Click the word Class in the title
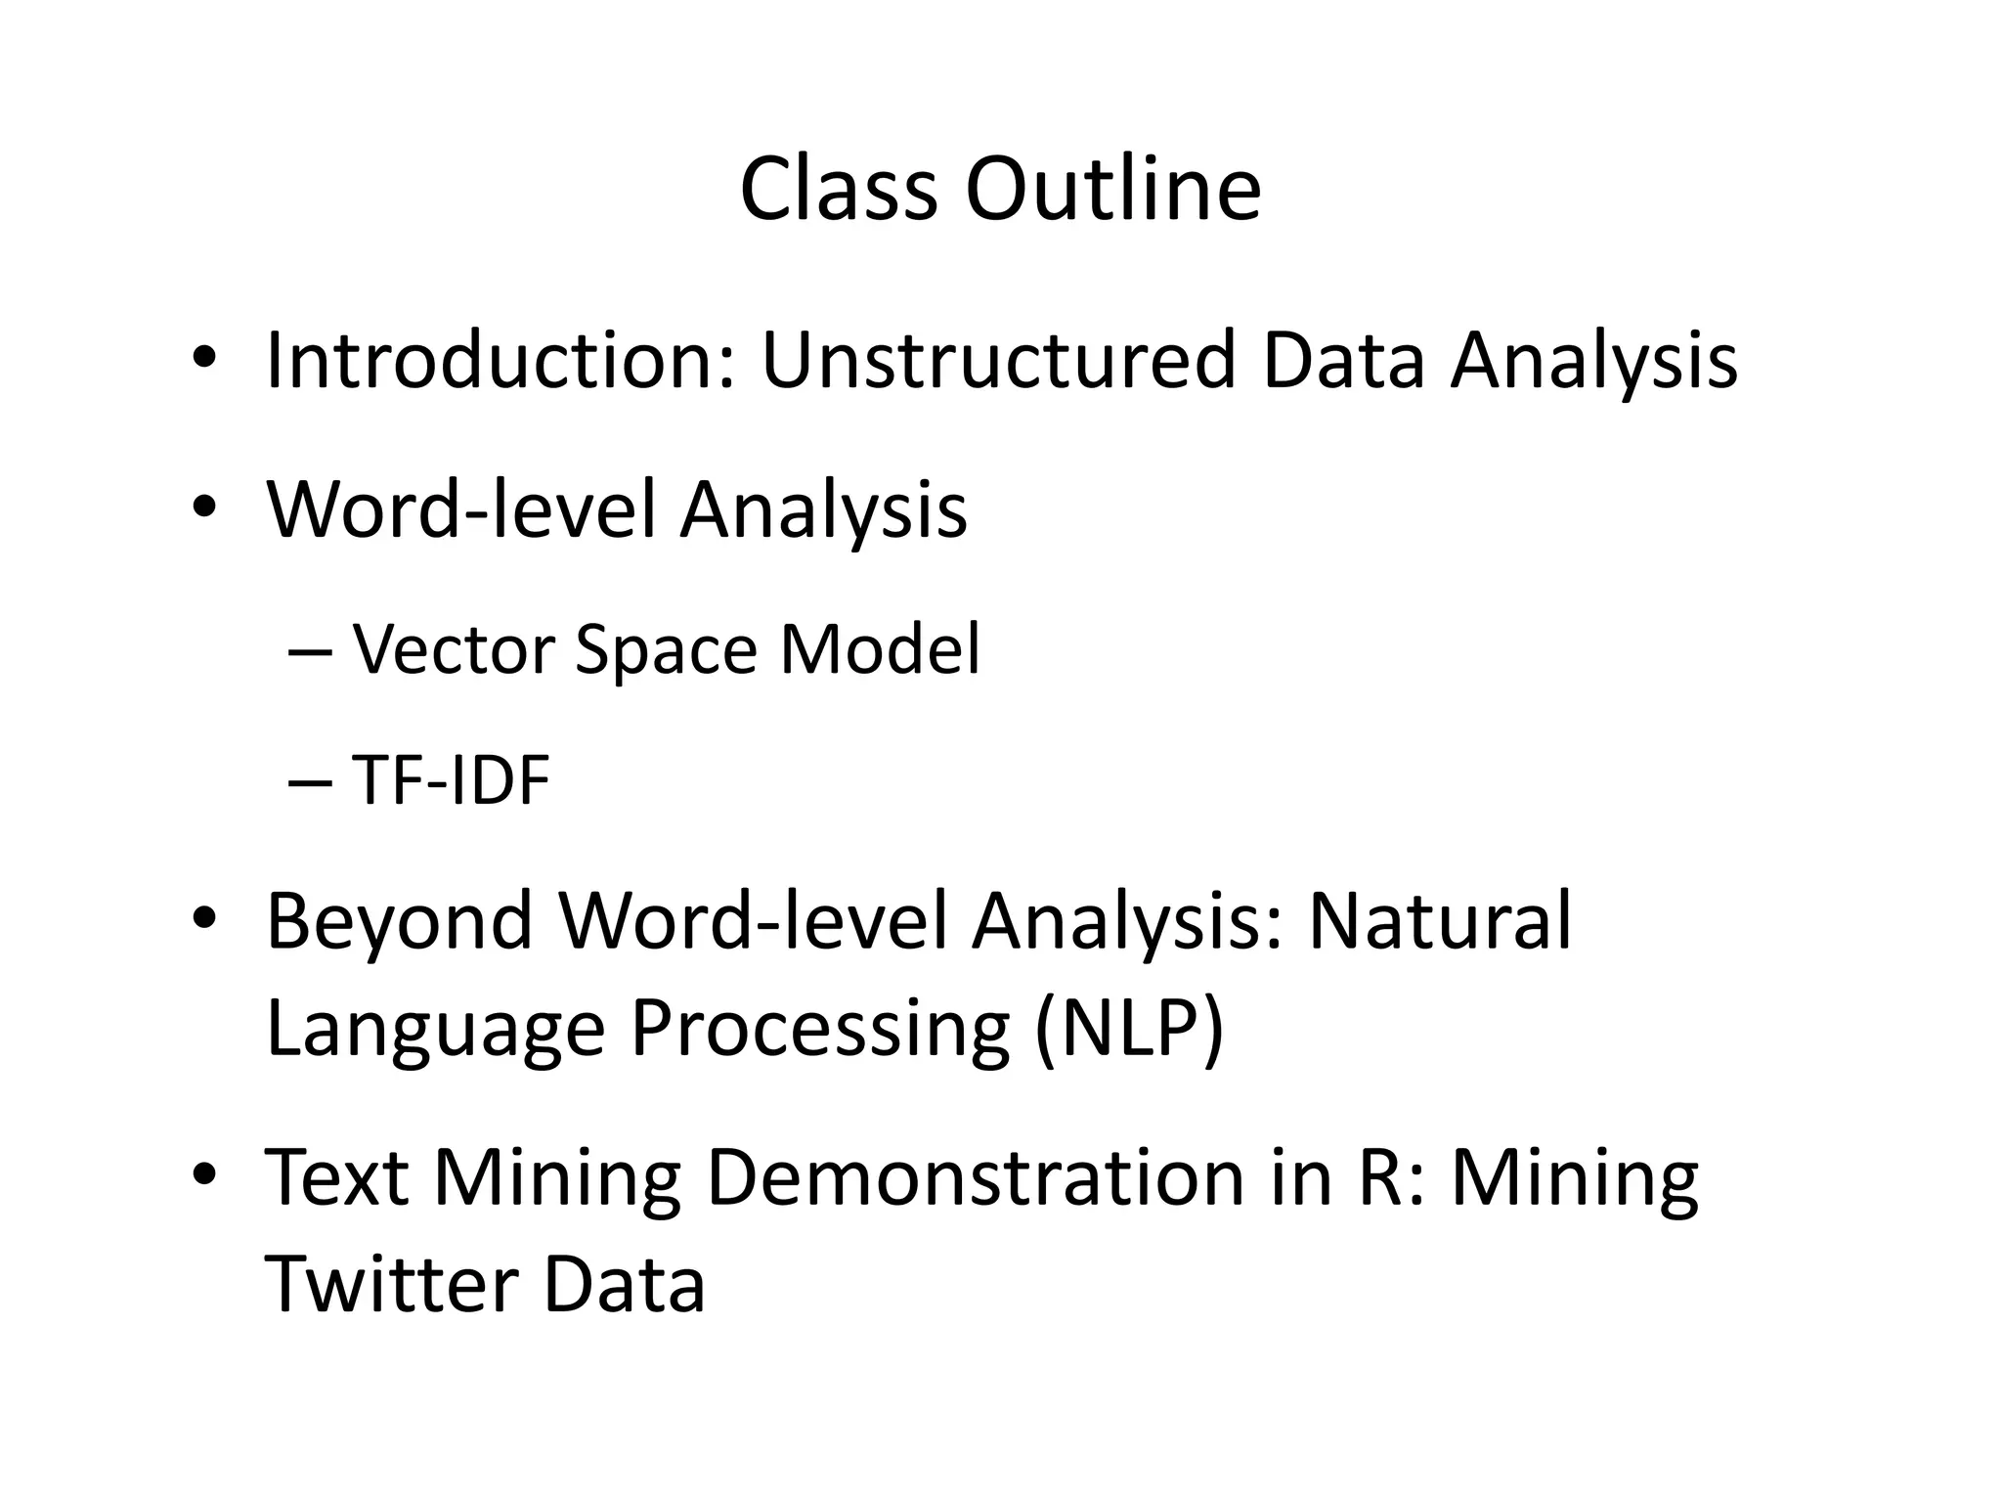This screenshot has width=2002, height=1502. point(838,189)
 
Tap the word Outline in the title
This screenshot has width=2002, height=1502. point(1113,189)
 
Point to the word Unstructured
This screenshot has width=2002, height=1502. point(998,361)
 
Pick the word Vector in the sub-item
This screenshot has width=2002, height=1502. point(455,649)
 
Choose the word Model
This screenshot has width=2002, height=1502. point(880,649)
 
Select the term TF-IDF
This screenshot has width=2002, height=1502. point(451,781)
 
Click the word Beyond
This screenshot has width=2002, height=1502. point(399,921)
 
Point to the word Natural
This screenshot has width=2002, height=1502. point(1440,921)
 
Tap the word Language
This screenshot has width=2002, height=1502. point(435,1029)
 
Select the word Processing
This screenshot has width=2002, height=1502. point(820,1029)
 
